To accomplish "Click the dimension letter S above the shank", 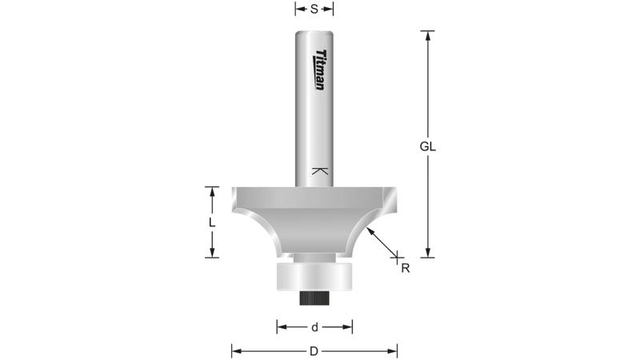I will coord(314,10).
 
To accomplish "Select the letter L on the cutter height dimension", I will coord(211,223).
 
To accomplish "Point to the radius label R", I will coord(406,269).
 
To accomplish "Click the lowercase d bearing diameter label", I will coord(314,326).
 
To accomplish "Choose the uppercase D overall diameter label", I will coord(314,350).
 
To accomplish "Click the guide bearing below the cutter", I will coord(314,277).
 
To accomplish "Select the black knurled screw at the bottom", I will coord(314,298).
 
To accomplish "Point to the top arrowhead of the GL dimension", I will coord(429,34).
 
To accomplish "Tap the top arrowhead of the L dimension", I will coord(212,190).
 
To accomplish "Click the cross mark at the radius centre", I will coord(397,255).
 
